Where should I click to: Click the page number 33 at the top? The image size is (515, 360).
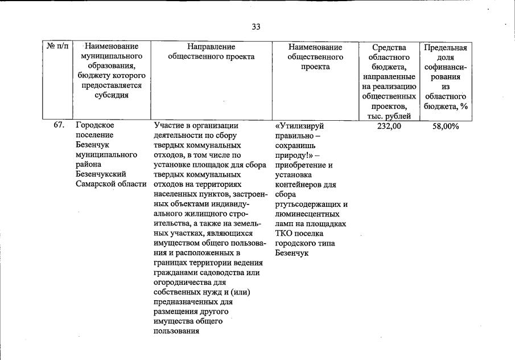(256, 27)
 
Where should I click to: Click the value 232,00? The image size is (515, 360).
(389, 126)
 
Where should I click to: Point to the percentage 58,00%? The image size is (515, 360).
(446, 126)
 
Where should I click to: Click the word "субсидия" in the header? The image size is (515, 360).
(112, 95)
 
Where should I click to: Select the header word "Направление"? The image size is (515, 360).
(211, 47)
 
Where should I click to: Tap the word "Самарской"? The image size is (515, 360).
(94, 184)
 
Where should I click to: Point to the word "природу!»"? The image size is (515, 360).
(294, 155)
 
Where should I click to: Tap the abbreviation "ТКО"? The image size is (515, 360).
(283, 233)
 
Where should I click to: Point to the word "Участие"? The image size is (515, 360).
(167, 126)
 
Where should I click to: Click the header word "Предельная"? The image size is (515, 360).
(446, 47)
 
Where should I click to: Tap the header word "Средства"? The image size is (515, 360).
(389, 47)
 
